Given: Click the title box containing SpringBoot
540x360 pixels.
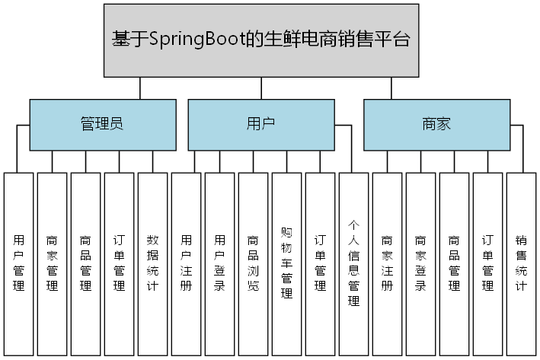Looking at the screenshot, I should [x=261, y=40].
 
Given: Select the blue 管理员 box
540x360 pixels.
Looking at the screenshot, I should [x=101, y=125].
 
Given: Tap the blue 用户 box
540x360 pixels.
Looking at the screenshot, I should [x=260, y=125].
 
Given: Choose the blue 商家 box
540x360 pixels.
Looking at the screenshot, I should [x=436, y=125].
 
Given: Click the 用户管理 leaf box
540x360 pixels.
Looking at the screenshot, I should [x=19, y=263].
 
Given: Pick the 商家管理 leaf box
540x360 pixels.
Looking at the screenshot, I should [x=53, y=263].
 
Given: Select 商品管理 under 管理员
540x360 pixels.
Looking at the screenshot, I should [x=86, y=263].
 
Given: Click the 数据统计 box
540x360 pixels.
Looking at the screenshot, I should [x=152, y=263].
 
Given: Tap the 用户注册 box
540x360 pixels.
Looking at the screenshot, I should [x=186, y=263].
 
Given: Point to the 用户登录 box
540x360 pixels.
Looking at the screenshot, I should [x=219, y=263].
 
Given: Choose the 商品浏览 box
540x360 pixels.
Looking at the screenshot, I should [x=253, y=263].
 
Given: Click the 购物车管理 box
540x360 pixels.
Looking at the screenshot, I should [x=286, y=263].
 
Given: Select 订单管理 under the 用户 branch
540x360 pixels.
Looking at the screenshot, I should [x=320, y=263].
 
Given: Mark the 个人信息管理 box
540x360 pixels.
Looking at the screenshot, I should [x=353, y=263].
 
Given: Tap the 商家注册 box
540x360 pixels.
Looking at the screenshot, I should [x=387, y=263].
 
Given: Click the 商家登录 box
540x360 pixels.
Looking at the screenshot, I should [x=420, y=263].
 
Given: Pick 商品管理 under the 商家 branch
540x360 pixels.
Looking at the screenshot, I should [x=454, y=263].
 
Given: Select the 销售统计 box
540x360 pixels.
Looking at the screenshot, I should [x=521, y=263].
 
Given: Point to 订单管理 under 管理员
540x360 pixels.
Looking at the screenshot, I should [x=119, y=263].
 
